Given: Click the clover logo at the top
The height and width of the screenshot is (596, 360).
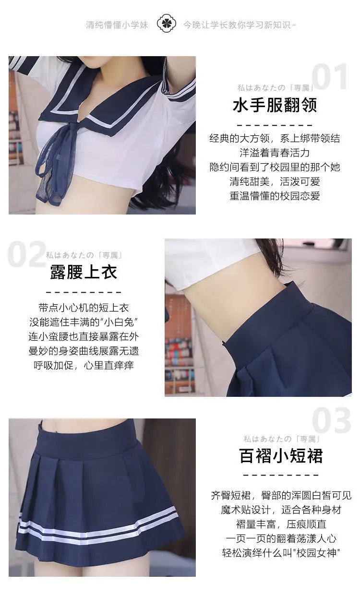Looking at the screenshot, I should pos(167,24).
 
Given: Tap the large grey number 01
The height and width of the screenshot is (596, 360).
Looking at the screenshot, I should pos(329,77).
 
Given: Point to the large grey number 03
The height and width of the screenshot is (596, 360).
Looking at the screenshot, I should pos(331,420).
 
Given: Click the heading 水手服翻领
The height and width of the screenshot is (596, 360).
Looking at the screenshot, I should pos(275,105).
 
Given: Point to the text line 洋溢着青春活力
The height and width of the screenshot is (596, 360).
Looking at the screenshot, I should pos(275,153).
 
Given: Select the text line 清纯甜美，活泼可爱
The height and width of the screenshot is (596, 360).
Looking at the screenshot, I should pos(275,181).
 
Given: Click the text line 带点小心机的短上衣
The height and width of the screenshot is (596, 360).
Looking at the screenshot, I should pos(84,308).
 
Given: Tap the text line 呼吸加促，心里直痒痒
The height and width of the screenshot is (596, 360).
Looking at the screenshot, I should pos(84,365).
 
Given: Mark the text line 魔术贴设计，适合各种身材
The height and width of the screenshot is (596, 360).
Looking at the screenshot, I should pos(281,510).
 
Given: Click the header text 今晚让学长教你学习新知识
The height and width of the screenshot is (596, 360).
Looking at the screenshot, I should pos(239,24).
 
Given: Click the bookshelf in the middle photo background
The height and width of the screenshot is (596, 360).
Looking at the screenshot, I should pos(179,346).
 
